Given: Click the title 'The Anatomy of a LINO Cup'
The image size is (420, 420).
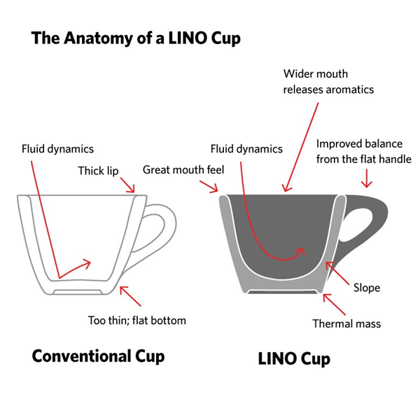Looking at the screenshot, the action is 136,38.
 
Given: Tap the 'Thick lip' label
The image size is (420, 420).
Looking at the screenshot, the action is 98,171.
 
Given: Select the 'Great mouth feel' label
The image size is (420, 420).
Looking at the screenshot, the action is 183,170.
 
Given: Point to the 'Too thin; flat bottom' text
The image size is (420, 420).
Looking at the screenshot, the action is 137,321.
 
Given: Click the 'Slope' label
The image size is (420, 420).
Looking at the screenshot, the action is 367,288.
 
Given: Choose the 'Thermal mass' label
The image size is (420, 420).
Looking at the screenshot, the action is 346,323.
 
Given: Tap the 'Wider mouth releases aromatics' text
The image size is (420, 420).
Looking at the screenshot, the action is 328,82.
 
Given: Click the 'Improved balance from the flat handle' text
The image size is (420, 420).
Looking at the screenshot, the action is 364,151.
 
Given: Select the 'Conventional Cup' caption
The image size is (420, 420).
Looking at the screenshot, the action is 98,356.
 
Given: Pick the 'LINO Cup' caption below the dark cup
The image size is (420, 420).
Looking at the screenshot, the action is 294,359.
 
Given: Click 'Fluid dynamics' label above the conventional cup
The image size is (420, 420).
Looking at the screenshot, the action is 57,149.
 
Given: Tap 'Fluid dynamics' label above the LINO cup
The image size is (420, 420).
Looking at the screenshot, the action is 246,149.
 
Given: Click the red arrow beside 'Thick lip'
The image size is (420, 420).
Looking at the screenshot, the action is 127,185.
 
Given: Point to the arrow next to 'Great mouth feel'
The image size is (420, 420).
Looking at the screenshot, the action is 209,186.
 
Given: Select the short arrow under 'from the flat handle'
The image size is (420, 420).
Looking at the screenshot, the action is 366,178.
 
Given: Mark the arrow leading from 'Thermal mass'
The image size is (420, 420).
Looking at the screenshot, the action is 335,304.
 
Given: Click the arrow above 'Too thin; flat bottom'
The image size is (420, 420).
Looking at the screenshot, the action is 130,296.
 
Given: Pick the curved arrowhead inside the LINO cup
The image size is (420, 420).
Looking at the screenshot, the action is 301,252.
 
